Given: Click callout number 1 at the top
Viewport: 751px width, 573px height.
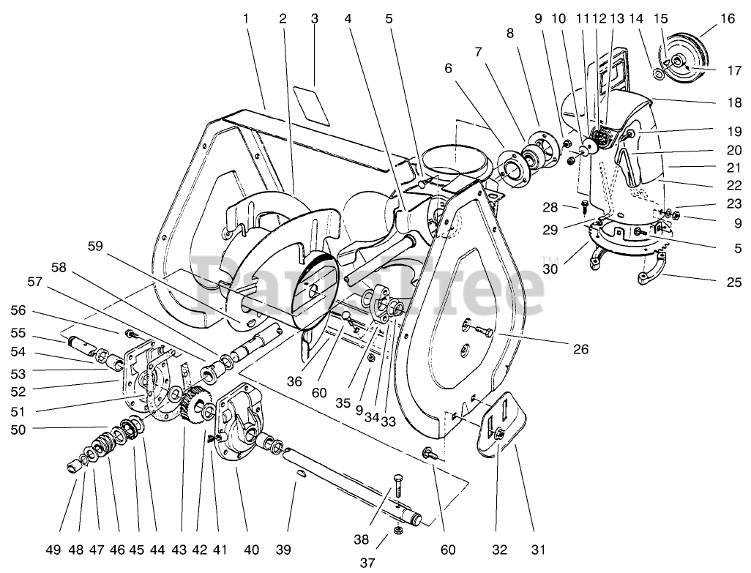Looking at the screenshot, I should (x=246, y=19).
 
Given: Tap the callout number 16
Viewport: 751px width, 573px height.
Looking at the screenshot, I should (x=726, y=19).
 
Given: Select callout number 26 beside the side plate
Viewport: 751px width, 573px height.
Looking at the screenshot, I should (x=580, y=349).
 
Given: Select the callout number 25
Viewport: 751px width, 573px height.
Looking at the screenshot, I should (x=733, y=282).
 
